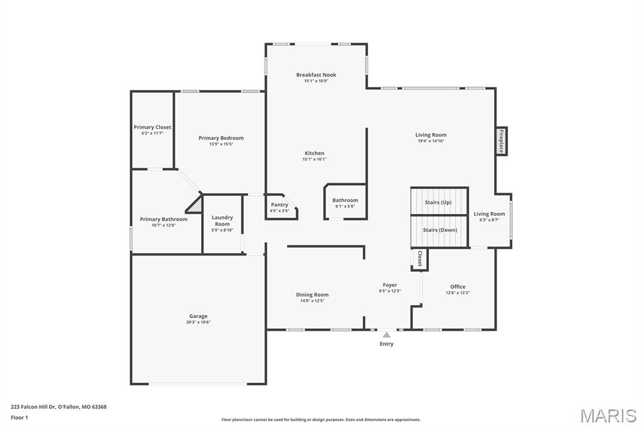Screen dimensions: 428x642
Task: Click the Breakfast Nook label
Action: click(316, 75)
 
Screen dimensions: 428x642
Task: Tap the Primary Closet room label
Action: click(152, 127)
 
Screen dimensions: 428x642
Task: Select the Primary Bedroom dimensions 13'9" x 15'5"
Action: click(221, 144)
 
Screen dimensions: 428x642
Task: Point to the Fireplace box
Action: click(501, 141)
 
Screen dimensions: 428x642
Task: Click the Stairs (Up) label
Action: click(438, 202)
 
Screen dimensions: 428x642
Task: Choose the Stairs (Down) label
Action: click(439, 230)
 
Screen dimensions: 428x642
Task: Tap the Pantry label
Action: click(280, 205)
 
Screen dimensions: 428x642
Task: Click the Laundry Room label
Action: click(222, 221)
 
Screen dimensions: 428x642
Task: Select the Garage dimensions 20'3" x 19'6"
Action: click(198, 323)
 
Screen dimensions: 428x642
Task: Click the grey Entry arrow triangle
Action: click(387, 334)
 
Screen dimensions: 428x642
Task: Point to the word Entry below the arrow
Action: click(387, 344)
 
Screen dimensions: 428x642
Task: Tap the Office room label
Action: click(458, 287)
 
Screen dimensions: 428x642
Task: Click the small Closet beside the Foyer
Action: click(419, 259)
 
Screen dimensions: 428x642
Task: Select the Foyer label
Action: click(390, 285)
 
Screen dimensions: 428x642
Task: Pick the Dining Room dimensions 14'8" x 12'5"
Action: click(312, 301)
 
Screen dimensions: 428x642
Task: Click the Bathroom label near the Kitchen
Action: click(345, 200)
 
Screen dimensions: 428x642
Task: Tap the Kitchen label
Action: click(315, 153)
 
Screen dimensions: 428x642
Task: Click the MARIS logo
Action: click(608, 415)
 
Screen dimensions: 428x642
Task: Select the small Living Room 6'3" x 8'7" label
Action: click(489, 213)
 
